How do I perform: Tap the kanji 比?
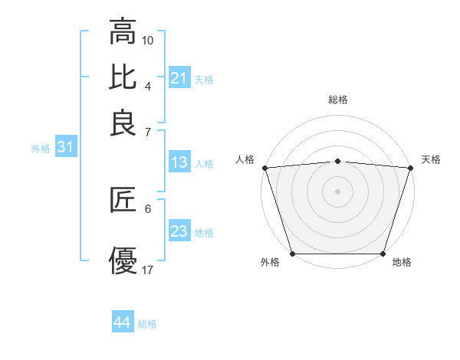123,77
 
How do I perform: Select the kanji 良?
123,123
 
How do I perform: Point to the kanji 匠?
123,201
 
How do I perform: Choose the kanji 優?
123,261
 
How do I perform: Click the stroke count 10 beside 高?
148,39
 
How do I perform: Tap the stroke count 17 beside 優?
148,270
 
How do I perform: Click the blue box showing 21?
179,78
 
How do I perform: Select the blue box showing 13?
179,162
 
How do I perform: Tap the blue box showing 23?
179,231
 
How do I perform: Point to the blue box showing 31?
65,148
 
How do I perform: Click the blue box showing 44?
123,323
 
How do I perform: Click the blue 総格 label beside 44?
147,324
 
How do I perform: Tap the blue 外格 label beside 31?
41,149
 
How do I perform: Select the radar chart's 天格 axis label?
431,159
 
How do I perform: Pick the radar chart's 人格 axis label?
245,159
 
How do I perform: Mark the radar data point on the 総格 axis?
338,161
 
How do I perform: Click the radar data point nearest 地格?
383,254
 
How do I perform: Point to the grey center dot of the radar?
338,191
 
